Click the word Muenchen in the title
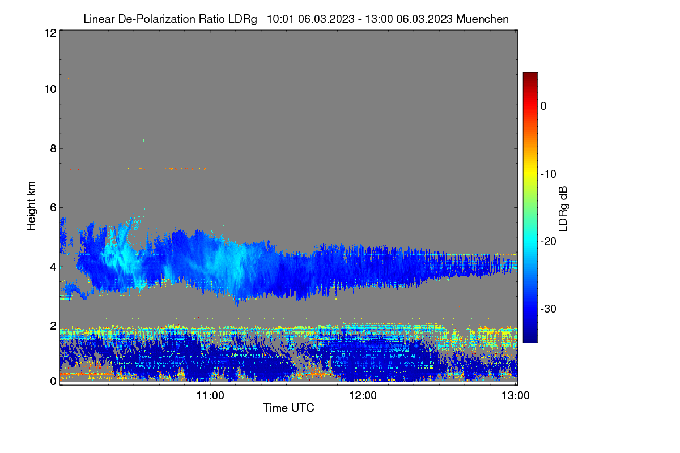482,19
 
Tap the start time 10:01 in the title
280,19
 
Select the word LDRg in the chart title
243,19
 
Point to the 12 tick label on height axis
50,33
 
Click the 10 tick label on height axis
50,89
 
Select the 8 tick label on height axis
53,148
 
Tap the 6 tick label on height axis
53,208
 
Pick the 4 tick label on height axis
53,267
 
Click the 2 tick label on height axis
53,326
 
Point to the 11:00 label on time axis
210,395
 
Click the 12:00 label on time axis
363,395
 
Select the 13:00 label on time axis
516,395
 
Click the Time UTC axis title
288,408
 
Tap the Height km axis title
31,206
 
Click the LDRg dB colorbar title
563,209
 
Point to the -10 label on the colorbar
549,174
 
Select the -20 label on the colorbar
549,242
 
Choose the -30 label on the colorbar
549,309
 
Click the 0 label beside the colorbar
543,106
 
